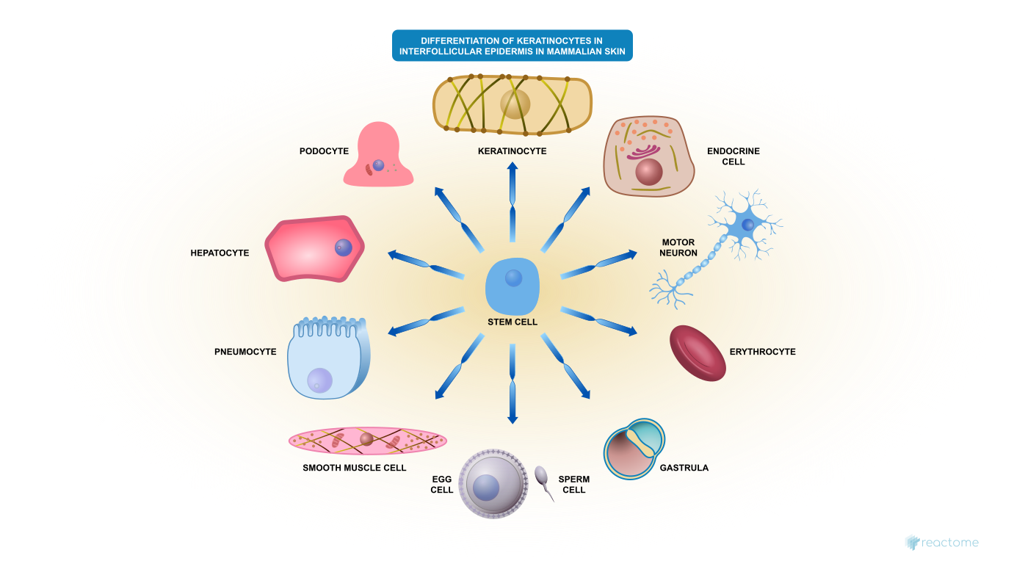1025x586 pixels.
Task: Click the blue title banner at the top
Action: tap(512, 46)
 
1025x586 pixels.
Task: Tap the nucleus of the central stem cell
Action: tap(513, 278)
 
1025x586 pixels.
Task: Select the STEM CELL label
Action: tap(512, 322)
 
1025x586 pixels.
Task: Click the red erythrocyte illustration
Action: tap(698, 353)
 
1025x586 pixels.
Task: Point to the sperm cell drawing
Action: tap(543, 482)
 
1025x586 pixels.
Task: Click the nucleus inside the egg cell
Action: tap(486, 488)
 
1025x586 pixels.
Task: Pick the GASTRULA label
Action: tap(684, 468)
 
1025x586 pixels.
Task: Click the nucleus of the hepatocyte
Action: tap(343, 247)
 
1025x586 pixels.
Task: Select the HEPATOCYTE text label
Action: tap(220, 253)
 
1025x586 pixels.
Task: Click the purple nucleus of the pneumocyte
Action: tap(319, 380)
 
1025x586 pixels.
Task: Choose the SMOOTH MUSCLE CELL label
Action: tap(354, 468)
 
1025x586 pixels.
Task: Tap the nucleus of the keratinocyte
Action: tap(515, 104)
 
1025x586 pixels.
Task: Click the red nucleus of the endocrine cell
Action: tap(649, 172)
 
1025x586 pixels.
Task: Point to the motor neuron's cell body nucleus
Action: tap(747, 225)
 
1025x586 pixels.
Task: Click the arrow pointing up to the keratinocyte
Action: tap(512, 202)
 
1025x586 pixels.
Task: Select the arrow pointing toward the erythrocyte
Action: tap(599, 322)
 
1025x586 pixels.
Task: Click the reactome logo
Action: tap(942, 543)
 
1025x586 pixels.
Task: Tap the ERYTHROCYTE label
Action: tap(762, 352)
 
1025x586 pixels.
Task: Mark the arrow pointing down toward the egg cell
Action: tap(512, 383)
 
